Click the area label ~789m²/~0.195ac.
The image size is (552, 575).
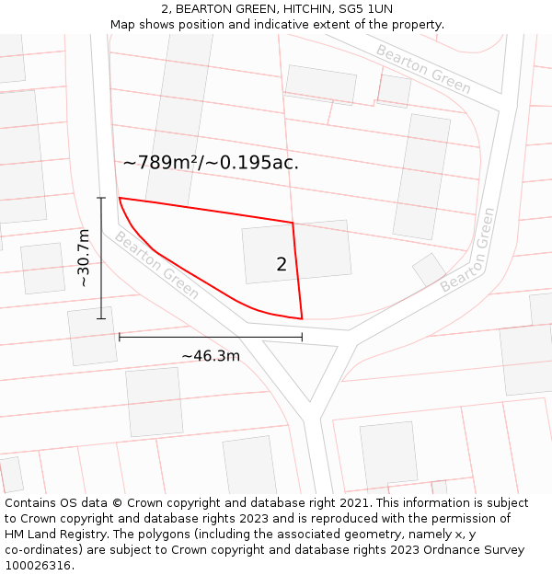211,163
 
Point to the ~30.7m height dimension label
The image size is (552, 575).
84,259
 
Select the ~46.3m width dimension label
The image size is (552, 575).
211,355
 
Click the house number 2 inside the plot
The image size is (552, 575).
282,265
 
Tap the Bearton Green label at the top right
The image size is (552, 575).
423,70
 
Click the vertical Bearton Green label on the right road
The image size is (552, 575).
467,250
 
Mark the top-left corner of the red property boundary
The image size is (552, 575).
120,198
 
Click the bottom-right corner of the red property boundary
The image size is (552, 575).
302,318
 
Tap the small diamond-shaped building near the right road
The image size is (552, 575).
429,270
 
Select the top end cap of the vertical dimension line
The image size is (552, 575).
101,198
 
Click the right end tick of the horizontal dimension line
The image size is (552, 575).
302,337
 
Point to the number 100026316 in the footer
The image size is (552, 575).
37,565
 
